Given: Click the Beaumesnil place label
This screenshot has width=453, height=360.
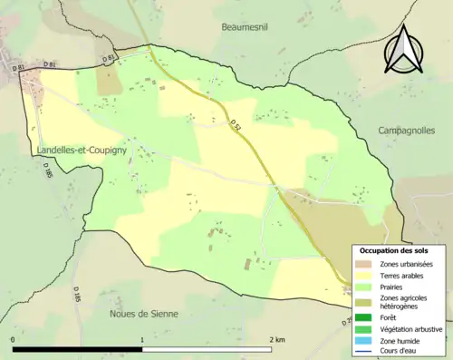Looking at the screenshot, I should [247, 28].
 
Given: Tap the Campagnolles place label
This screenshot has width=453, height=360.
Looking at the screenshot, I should [408, 131].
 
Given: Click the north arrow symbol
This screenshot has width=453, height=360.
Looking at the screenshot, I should [404, 50].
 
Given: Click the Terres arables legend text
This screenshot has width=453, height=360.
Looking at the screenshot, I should [405, 276].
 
